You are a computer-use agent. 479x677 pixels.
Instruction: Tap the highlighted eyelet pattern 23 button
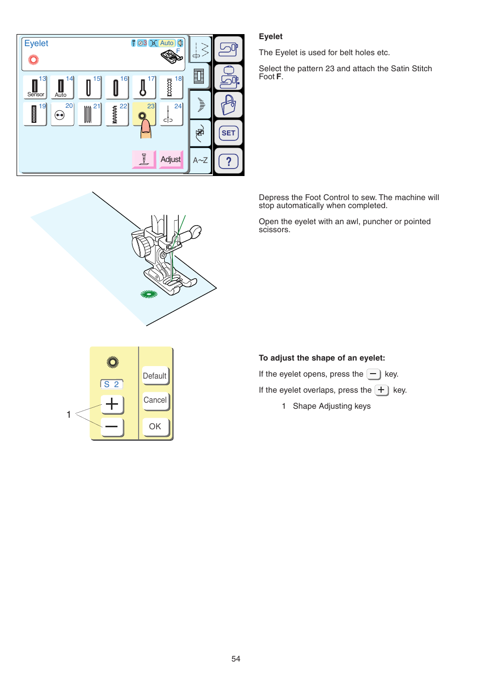(x=144, y=114)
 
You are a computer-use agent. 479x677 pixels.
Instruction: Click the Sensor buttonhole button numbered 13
(x=35, y=87)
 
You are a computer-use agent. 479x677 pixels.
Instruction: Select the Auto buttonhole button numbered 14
(x=62, y=87)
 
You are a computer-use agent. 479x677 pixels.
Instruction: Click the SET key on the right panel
(x=228, y=133)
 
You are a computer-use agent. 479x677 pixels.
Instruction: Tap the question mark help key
(x=228, y=161)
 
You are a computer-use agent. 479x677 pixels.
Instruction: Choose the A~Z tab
(x=200, y=160)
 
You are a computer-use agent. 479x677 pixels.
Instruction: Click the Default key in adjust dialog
(x=155, y=376)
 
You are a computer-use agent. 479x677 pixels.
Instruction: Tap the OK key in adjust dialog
(x=155, y=427)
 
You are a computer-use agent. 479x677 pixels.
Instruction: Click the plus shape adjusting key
(x=112, y=404)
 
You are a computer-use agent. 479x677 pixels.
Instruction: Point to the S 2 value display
(x=111, y=385)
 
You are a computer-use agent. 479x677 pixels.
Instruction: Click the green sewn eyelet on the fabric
(x=149, y=294)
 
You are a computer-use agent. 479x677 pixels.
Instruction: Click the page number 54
(x=236, y=659)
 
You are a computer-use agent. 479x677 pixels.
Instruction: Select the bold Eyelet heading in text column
(x=271, y=37)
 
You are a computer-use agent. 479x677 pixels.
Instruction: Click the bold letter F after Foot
(x=279, y=77)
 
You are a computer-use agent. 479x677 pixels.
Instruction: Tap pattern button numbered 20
(x=62, y=115)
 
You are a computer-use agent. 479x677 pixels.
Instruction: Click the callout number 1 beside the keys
(x=69, y=415)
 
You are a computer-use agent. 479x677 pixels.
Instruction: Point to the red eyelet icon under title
(x=34, y=60)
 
